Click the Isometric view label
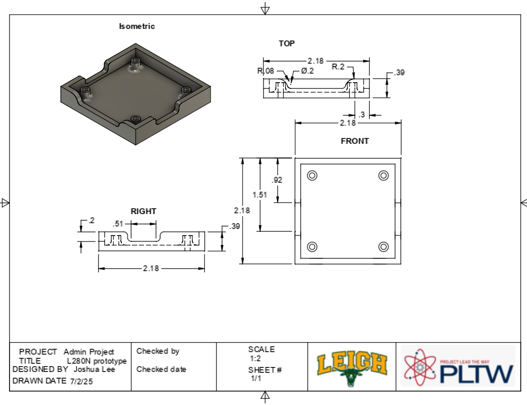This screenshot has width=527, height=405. [x=137, y=26]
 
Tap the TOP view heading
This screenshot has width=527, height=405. [x=287, y=43]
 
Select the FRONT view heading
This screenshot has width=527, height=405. [x=355, y=141]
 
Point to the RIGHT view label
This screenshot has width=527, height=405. [x=144, y=211]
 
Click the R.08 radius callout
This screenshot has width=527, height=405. [x=266, y=71]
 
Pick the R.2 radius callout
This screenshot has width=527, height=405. [x=338, y=67]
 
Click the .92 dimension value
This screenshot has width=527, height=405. [x=277, y=180]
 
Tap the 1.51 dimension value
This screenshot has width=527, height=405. [x=260, y=195]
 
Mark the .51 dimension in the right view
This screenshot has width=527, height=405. [x=118, y=224]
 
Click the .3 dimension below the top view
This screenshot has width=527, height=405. [x=362, y=115]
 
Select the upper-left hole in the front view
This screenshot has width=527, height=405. [x=312, y=175]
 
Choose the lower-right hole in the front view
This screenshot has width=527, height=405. [x=383, y=247]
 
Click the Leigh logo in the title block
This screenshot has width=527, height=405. [x=352, y=366]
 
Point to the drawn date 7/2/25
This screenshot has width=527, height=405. [x=82, y=381]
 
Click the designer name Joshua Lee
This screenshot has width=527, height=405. [x=94, y=369]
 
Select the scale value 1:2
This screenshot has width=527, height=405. [x=255, y=358]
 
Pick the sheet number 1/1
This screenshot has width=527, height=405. [x=256, y=378]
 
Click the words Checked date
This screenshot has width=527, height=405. [x=161, y=369]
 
